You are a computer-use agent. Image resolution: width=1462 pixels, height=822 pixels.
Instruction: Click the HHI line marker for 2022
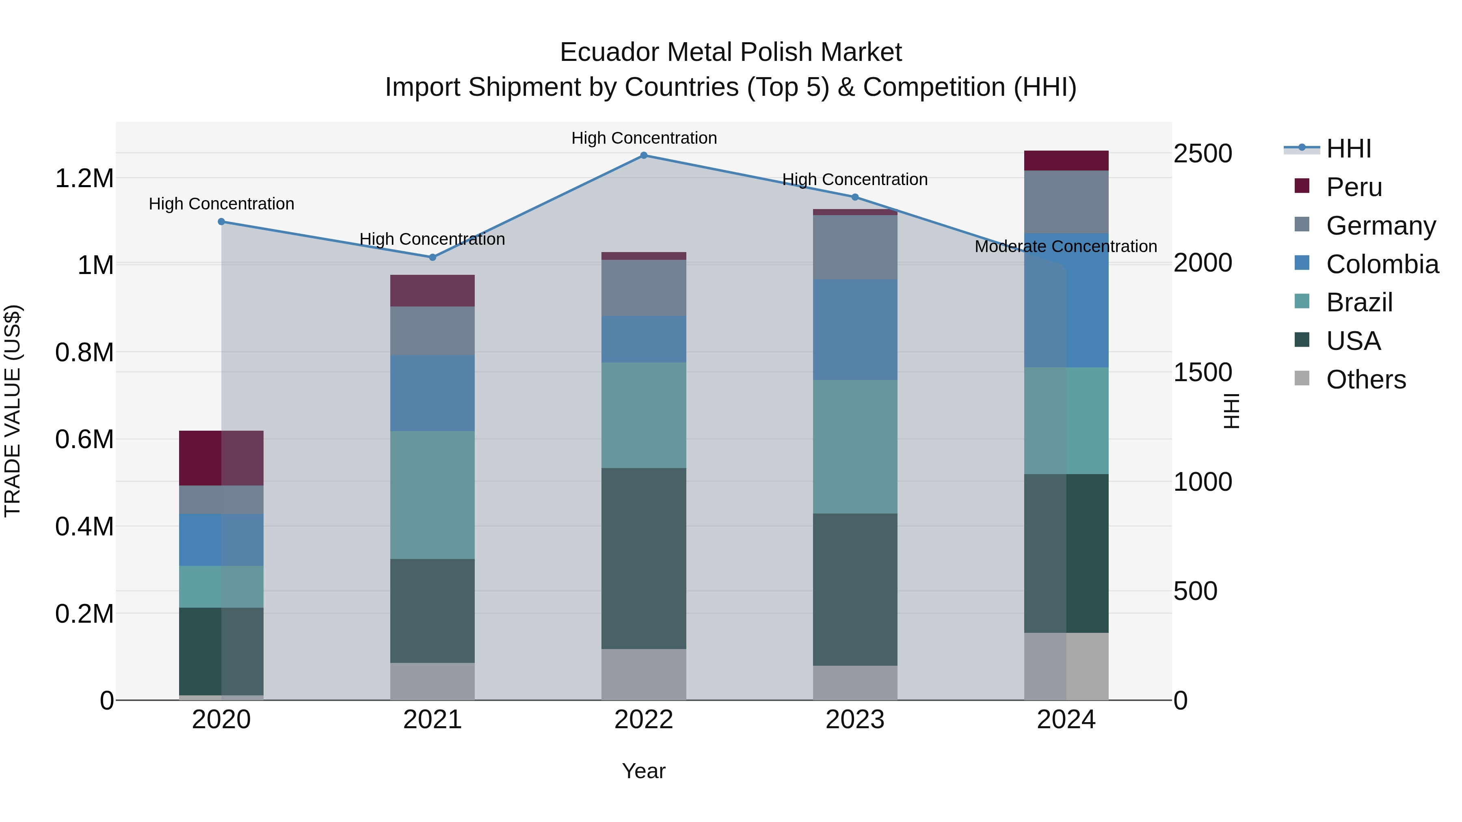(644, 155)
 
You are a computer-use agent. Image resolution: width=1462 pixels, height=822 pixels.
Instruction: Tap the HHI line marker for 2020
(221, 222)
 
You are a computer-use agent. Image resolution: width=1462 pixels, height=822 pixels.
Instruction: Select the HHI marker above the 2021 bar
(433, 257)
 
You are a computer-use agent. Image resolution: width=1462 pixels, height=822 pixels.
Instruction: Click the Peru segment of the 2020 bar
(221, 458)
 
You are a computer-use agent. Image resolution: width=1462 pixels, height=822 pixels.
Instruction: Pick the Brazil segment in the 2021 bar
(433, 495)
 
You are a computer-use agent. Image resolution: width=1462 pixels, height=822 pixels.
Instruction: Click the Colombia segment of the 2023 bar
(855, 329)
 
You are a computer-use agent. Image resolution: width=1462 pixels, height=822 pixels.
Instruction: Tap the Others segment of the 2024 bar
(1066, 666)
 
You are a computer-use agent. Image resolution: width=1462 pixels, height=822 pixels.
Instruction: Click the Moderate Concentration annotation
(1065, 246)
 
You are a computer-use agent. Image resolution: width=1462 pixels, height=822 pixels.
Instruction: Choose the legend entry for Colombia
(1382, 264)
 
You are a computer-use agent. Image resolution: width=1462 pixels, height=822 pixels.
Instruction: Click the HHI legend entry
(1348, 149)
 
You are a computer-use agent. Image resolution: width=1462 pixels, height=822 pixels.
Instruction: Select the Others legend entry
(1365, 380)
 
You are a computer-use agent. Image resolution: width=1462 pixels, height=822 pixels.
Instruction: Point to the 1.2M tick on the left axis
(84, 178)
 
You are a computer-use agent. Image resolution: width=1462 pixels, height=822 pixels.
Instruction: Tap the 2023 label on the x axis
(855, 720)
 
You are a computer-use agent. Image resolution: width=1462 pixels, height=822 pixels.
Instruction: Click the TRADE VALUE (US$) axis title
(13, 411)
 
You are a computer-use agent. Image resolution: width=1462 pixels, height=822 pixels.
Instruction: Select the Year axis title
(644, 771)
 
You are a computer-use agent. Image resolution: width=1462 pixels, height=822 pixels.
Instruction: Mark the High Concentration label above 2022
(644, 138)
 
